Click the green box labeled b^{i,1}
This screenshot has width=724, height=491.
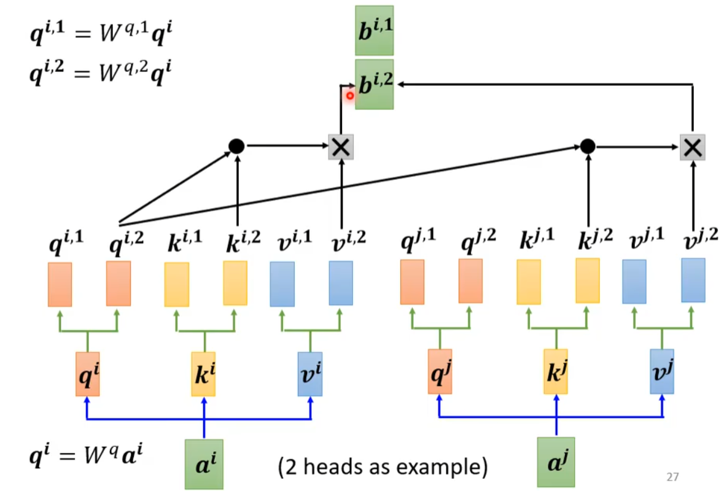point(375,31)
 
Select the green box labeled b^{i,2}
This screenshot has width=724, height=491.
point(375,85)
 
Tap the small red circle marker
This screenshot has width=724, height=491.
point(350,96)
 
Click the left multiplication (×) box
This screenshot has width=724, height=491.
point(341,147)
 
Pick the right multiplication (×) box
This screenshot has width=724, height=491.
point(693,148)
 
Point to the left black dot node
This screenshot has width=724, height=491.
point(236,146)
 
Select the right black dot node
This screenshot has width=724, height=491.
point(588,147)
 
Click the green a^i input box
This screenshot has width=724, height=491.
point(204,464)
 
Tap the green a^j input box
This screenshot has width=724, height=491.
point(556,462)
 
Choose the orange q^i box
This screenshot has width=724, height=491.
point(88,374)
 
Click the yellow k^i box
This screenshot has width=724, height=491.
point(204,374)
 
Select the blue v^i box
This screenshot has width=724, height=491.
point(310,374)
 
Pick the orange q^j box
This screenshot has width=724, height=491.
point(440,371)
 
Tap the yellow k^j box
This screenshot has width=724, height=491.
point(556,371)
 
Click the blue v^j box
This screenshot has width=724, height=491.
point(662,371)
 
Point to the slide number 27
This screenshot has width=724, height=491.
point(673,477)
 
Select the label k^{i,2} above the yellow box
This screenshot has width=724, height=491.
point(243,242)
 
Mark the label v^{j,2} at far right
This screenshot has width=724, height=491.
point(701,239)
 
